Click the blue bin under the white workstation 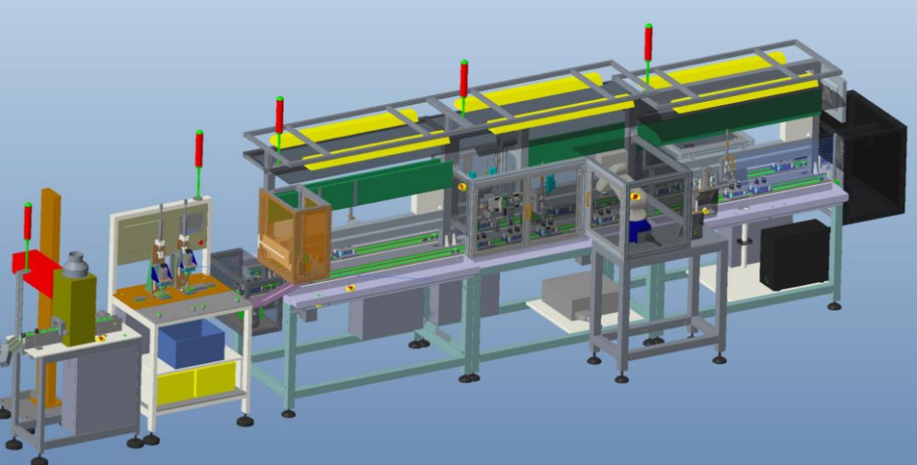point(191,343)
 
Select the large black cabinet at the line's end point(875,157)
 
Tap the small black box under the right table point(794,255)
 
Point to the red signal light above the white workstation point(200,149)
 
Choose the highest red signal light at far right point(648,42)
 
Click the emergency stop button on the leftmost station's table point(100,337)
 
